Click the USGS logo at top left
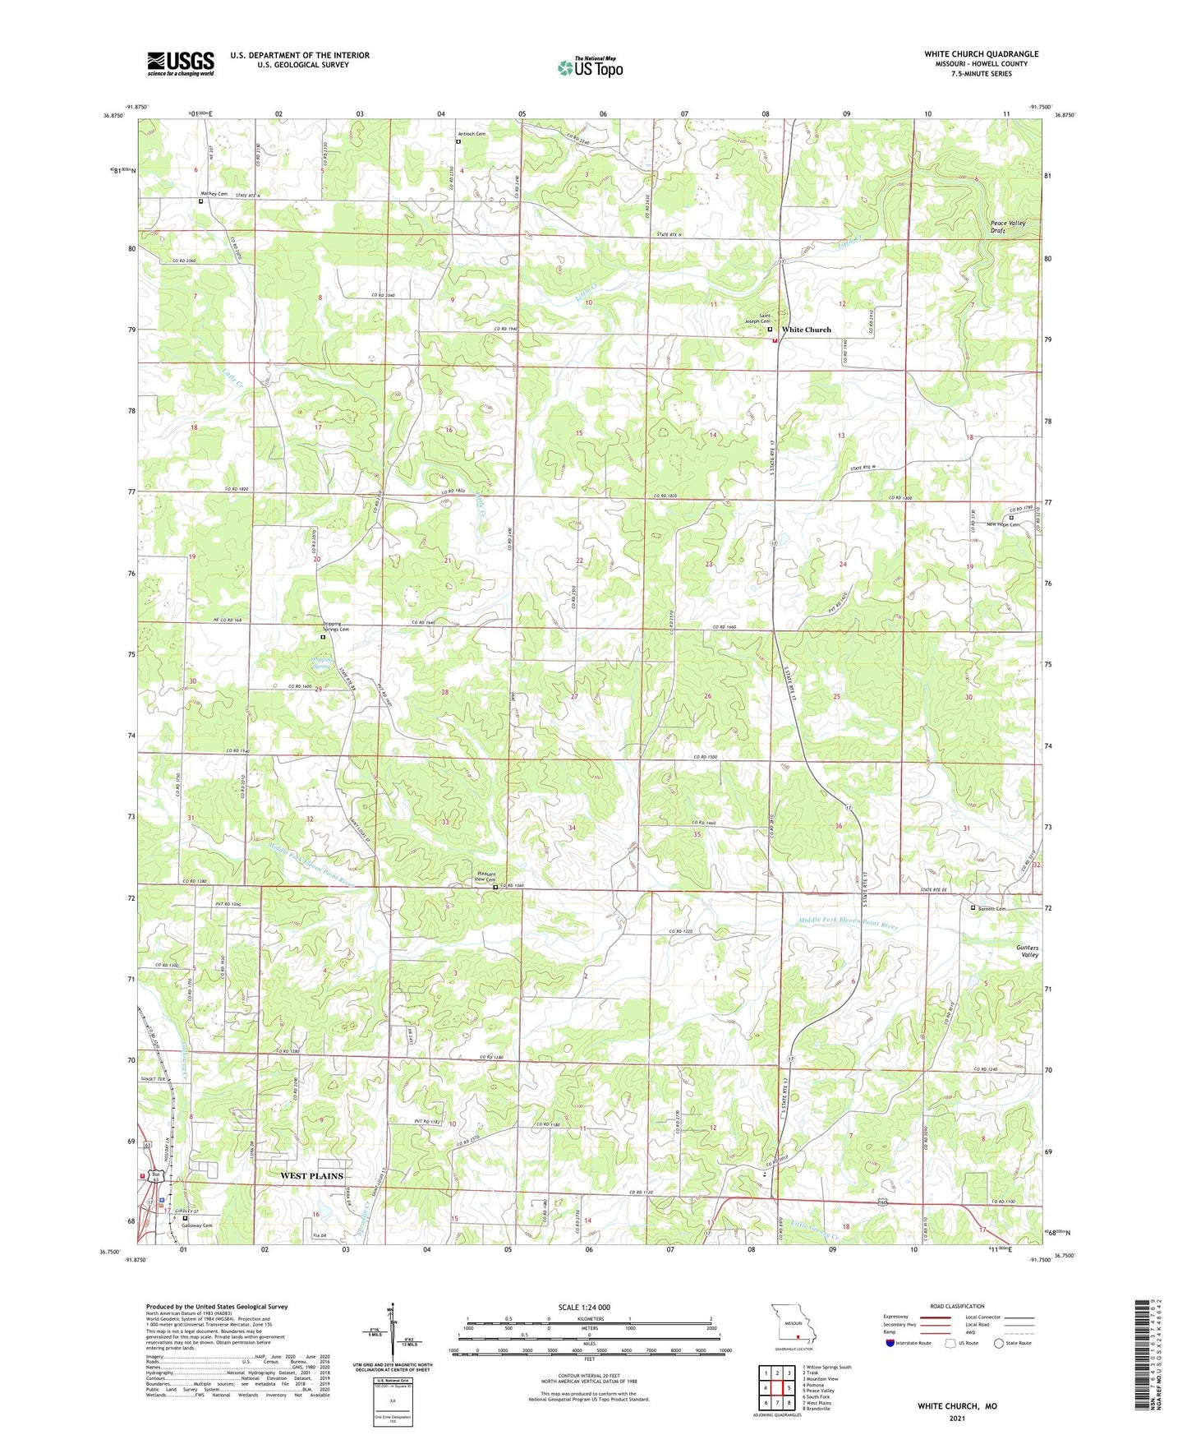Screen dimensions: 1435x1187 pos(180,63)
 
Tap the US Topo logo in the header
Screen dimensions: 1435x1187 pos(590,67)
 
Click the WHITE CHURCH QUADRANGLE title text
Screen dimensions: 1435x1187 pos(981,54)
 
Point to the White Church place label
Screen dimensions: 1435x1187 pos(806,330)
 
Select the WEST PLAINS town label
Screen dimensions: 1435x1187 pos(311,1176)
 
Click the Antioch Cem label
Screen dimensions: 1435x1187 pos(472,134)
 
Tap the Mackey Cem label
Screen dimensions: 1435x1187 pos(214,194)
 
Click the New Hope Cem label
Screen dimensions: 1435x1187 pos(1002,524)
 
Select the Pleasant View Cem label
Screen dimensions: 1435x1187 pos(485,876)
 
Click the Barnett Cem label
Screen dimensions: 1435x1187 pos(992,908)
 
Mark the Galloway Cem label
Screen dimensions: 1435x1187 pos(196,1225)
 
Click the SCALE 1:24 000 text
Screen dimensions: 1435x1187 pos(584,1308)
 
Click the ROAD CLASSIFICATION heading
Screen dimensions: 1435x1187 pos(956,1306)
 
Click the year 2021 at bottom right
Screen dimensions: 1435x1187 pos(956,1417)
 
